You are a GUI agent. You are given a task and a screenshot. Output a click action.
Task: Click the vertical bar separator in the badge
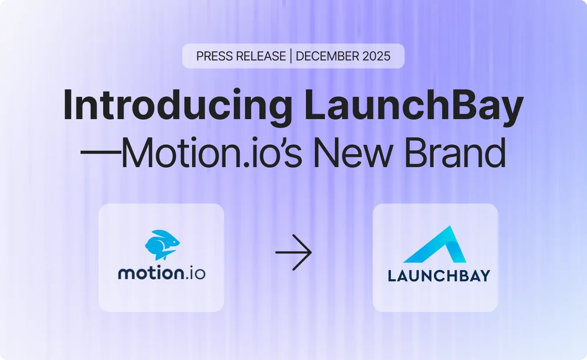click(x=291, y=56)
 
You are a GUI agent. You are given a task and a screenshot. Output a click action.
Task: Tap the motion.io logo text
click(x=161, y=272)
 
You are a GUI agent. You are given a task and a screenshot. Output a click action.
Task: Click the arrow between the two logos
click(x=293, y=252)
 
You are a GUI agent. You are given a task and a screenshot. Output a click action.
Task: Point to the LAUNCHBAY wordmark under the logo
click(x=438, y=275)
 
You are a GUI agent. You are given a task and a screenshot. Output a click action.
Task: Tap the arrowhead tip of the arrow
click(x=311, y=252)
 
